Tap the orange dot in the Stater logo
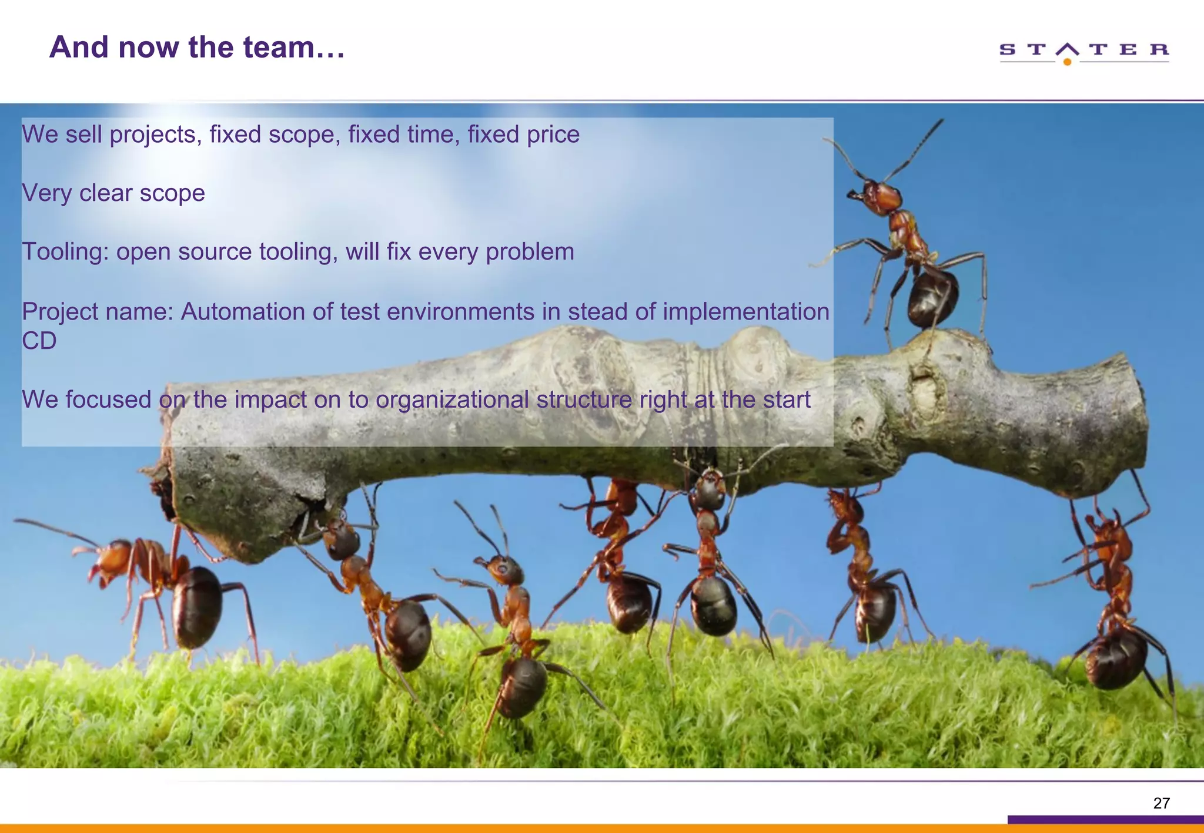coord(1067,62)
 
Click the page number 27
coord(1161,803)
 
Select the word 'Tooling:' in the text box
coord(65,252)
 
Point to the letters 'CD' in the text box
coord(39,341)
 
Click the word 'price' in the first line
coord(553,135)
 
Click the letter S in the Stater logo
coord(1007,49)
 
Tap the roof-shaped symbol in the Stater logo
coord(1067,49)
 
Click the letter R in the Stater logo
coord(1159,49)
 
